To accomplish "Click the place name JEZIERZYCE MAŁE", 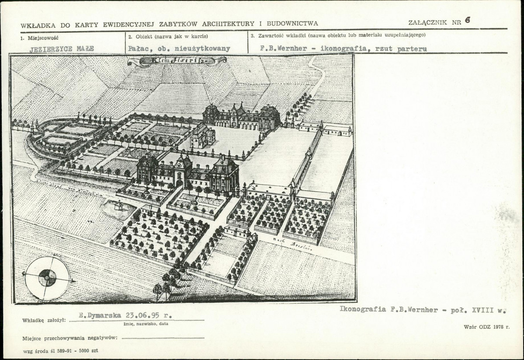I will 62,49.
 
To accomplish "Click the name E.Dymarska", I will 100,315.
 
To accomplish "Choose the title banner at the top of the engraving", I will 177,61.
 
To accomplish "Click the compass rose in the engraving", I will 47,276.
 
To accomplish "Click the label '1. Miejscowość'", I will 39,38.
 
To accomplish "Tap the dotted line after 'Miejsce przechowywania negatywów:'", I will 163,338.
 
